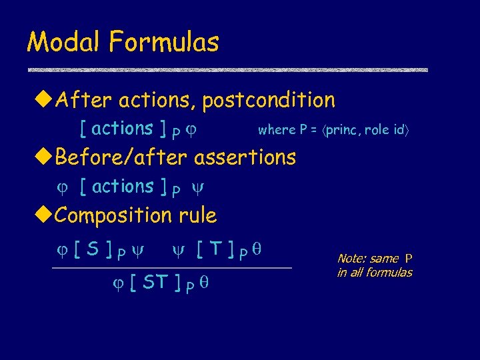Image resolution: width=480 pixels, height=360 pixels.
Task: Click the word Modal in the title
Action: pos(65,43)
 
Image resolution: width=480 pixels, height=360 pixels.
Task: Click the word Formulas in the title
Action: pos(164,43)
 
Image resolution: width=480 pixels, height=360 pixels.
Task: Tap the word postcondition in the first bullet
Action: pos(269,101)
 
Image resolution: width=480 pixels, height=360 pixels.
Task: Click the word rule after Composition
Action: pos(198,216)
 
